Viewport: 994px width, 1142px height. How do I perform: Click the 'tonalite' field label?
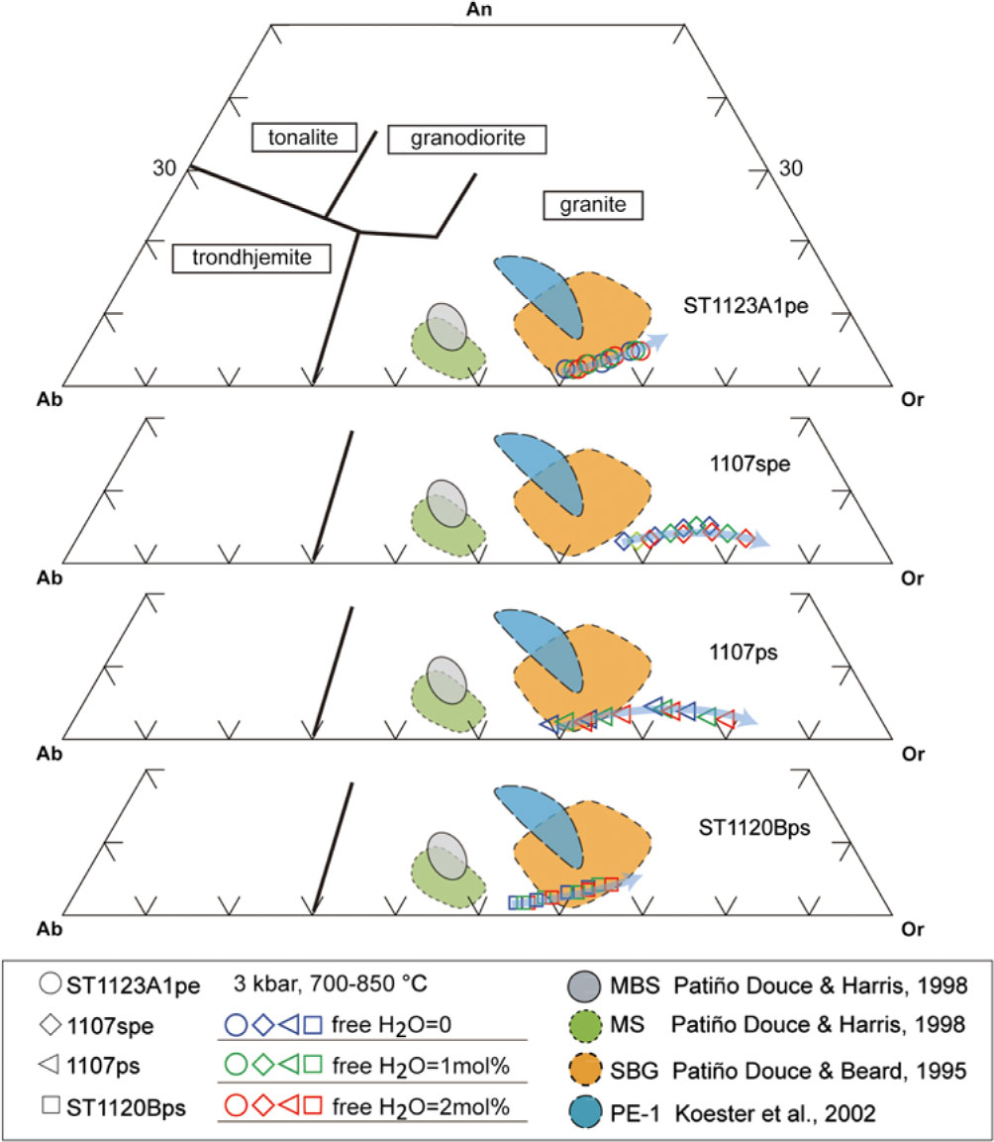tap(303, 138)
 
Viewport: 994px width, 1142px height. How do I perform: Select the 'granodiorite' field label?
tap(466, 139)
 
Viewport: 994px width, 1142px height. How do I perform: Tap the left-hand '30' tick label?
tap(164, 168)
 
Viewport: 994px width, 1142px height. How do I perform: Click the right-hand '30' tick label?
tap(792, 168)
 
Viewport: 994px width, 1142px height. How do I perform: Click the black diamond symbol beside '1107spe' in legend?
tap(50, 1025)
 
